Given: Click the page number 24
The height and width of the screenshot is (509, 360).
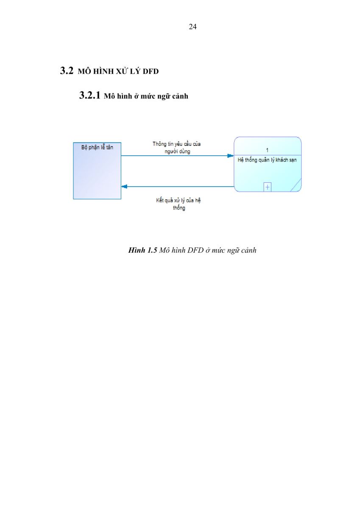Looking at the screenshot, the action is point(193,27).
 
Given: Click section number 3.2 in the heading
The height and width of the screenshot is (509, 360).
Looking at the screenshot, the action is point(67,71).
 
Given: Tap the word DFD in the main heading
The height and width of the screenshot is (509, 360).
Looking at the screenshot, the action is point(151,71).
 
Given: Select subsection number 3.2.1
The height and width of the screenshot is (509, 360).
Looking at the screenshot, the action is point(89,95).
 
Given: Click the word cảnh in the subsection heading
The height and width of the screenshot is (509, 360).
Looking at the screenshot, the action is point(180,96).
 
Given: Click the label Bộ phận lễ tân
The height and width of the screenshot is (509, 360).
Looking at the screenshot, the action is point(97,148).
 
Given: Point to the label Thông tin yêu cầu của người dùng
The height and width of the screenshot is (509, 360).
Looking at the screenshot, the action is point(177,148).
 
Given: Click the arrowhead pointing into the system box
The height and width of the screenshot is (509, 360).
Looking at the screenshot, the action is point(231,156).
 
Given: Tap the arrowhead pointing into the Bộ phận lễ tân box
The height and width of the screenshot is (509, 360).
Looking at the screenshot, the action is point(124,187).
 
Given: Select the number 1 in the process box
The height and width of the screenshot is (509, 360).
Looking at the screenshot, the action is point(267,150).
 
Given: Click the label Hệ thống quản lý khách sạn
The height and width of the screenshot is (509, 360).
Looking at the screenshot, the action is point(267,160).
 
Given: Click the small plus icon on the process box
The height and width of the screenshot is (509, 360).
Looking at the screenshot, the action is point(267,187).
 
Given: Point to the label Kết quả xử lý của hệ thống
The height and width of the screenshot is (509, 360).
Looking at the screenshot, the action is point(178,204).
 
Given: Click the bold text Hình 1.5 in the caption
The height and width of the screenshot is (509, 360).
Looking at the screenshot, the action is point(142,250).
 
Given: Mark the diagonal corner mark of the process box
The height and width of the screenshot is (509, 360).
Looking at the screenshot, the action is point(296,185).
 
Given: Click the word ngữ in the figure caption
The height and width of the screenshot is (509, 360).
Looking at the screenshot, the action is point(233,251).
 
